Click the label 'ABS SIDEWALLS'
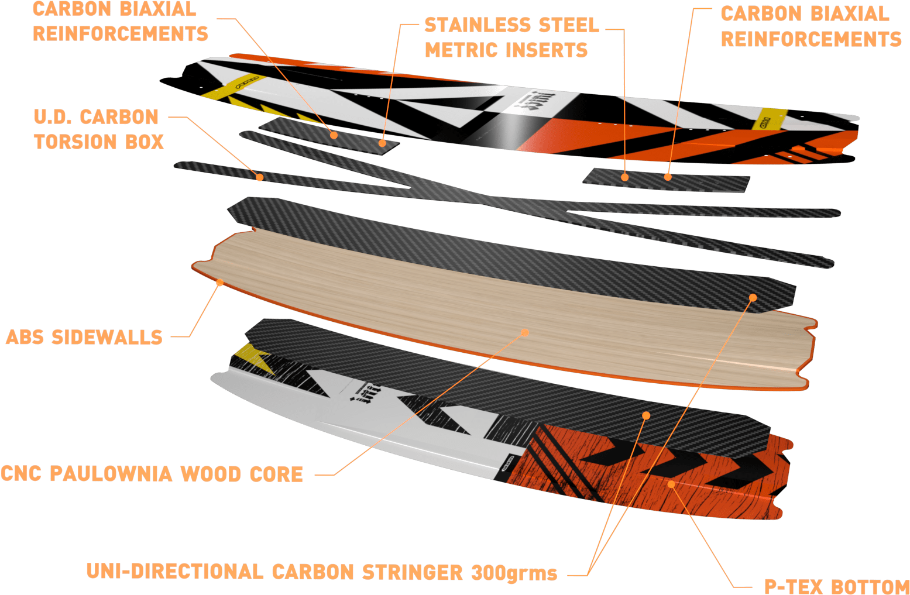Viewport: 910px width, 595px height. (84, 338)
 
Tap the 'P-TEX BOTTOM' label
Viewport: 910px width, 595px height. (836, 587)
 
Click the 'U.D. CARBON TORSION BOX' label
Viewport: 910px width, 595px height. (98, 129)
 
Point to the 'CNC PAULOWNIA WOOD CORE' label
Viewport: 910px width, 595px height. (152, 474)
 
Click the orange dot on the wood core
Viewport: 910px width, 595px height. (525, 332)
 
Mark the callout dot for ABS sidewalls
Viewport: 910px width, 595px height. (220, 283)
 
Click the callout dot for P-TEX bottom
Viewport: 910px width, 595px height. (671, 484)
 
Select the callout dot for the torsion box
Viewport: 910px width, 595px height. (259, 177)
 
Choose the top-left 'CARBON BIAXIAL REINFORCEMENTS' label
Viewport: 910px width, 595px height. (120, 22)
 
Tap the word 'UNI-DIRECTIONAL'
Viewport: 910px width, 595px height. (174, 572)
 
